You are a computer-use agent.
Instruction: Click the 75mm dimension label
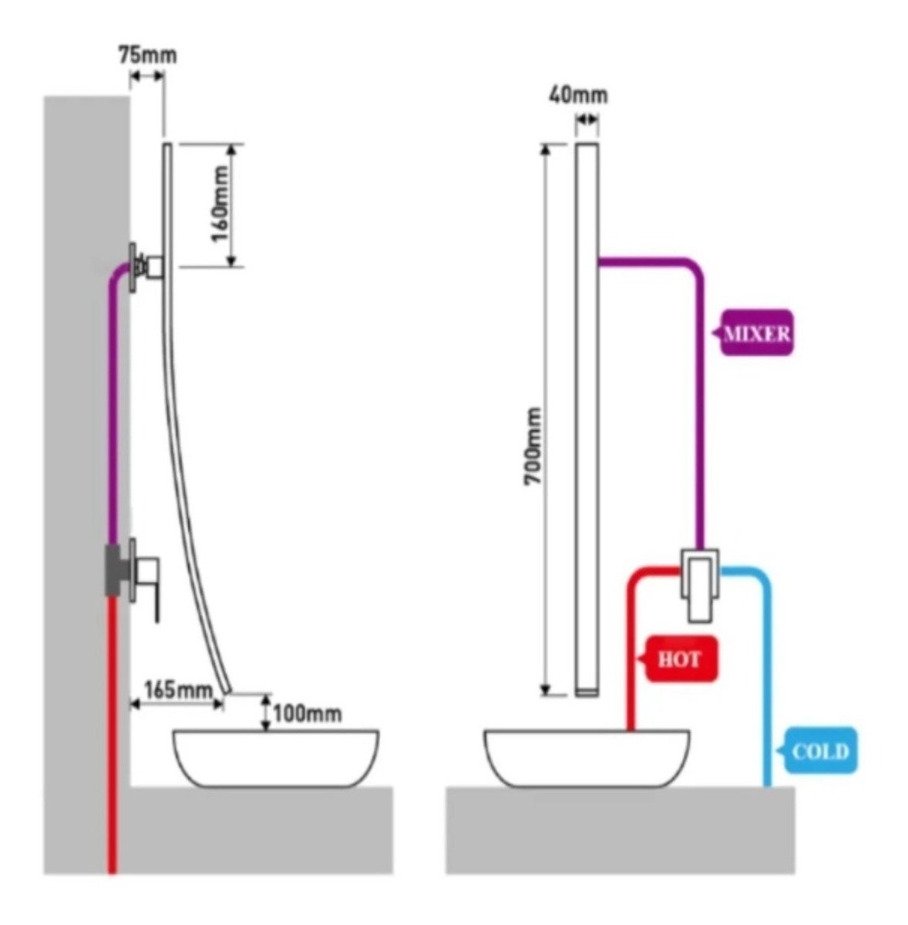point(146,55)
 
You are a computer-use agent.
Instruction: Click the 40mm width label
point(577,96)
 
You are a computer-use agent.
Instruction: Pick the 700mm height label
point(533,446)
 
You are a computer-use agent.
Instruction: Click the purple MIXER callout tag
point(755,334)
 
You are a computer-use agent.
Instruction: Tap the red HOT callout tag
point(681,659)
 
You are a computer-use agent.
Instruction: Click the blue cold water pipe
point(767,678)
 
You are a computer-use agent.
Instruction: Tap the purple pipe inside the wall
point(113,401)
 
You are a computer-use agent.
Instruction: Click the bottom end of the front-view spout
point(587,691)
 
